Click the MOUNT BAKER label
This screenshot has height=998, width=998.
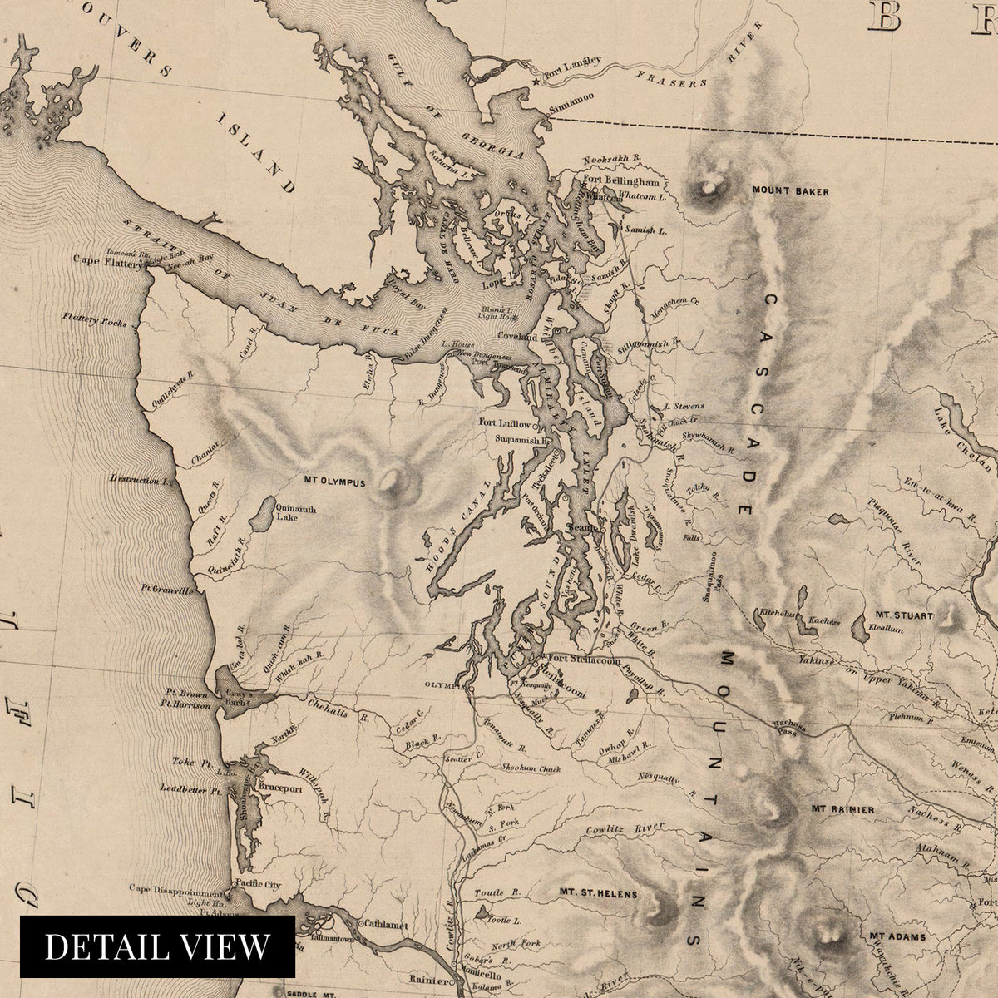click(790, 191)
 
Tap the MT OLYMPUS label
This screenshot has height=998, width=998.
click(334, 482)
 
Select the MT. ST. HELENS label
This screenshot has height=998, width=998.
click(598, 895)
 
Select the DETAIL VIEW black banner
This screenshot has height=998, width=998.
click(157, 946)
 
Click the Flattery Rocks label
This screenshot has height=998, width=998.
click(95, 319)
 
